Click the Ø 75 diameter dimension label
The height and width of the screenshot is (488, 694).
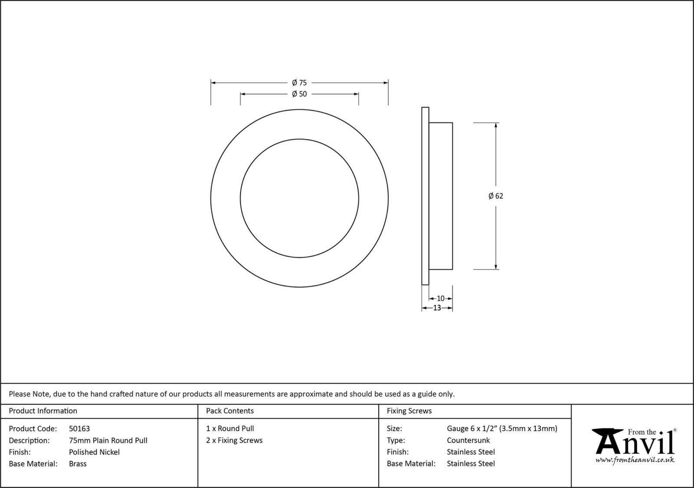pos(299,82)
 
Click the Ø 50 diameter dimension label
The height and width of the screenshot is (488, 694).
pos(299,94)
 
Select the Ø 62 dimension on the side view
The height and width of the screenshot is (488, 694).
pos(496,196)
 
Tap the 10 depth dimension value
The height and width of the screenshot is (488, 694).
pos(440,298)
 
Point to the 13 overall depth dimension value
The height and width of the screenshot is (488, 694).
pos(437,308)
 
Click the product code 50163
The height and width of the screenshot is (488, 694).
pos(79,429)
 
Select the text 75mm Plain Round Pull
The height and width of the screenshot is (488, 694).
pos(108,440)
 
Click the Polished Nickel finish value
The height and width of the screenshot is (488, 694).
pos(94,452)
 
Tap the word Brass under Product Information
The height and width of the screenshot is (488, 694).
pos(78,464)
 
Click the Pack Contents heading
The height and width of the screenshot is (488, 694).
pos(230,411)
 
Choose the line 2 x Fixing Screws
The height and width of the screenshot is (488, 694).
pos(234,440)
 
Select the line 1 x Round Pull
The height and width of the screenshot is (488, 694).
pos(230,429)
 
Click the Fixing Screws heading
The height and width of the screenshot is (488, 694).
pos(409,411)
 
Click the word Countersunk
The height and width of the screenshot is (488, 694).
pos(468,440)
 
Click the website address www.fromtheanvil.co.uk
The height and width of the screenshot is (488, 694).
pos(635,460)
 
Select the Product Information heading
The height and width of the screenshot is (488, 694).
pos(43,411)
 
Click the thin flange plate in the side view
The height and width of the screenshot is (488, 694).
pos(425,196)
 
